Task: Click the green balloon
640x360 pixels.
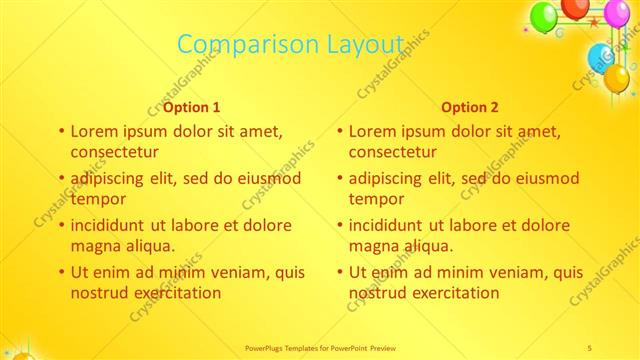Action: (x=542, y=17)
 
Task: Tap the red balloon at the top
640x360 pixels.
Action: (x=575, y=8)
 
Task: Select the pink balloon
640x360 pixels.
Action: (x=617, y=14)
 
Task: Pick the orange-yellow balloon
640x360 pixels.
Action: (x=617, y=77)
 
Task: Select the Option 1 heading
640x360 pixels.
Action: (x=192, y=108)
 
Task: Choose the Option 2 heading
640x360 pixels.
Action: (x=470, y=108)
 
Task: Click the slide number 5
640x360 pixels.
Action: (x=591, y=347)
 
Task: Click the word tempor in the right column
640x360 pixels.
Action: (x=376, y=199)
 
